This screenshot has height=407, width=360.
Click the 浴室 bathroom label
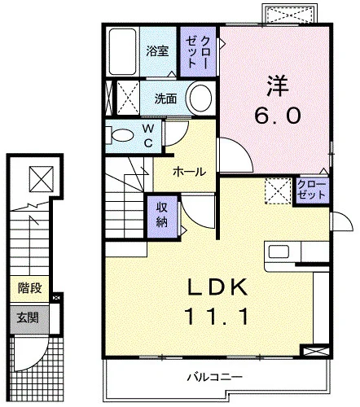pos(157,50)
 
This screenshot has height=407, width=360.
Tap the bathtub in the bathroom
pos(122,51)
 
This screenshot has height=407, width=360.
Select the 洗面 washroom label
pos(165,98)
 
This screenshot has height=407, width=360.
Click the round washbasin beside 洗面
pos(200,98)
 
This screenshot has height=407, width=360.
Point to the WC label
pos(148,136)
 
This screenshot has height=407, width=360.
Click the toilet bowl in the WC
pos(122,136)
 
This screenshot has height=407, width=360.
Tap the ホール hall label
pos(189,172)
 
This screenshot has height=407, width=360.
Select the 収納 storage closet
pos(162,216)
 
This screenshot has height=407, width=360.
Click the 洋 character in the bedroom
pos(277,85)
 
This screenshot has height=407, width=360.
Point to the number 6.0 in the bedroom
pos(278,115)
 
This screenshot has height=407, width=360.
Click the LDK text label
pos(217,287)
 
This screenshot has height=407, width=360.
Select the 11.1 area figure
pos(217,317)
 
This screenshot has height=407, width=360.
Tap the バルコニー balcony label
pos(214,377)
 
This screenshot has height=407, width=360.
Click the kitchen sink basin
pos(279,252)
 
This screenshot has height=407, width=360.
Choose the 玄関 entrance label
pos(28,317)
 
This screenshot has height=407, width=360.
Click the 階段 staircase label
pos(29,288)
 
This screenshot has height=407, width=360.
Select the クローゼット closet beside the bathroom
pos(198,51)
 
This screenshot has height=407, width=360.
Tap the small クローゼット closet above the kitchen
pos(312,190)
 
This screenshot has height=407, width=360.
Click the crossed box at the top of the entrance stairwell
pos(42,179)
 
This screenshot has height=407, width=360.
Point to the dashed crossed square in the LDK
pos(278,190)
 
